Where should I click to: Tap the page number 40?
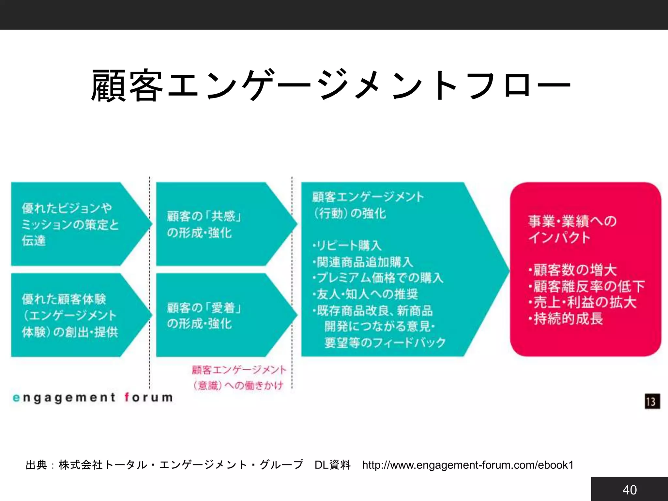(629, 490)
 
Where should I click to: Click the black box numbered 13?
(652, 401)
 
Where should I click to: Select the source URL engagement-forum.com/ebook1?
(468, 465)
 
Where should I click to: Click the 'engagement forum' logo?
(93, 398)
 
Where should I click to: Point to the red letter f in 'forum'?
(128, 397)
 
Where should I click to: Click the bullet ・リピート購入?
(347, 245)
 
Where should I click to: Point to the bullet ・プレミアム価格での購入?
(378, 278)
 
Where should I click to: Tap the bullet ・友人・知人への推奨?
(365, 294)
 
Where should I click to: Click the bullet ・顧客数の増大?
(573, 270)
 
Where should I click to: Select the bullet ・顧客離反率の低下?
(586, 286)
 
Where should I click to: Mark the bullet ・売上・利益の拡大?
(583, 302)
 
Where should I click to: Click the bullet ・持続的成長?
(566, 319)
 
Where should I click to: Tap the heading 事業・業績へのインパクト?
(572, 229)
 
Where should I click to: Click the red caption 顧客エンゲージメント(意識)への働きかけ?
(239, 378)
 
